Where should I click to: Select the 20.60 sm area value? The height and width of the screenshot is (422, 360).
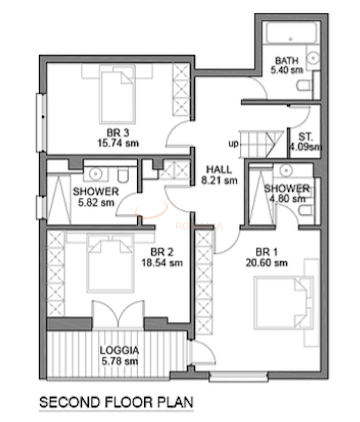272,263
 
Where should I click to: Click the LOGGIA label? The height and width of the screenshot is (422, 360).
119,351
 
